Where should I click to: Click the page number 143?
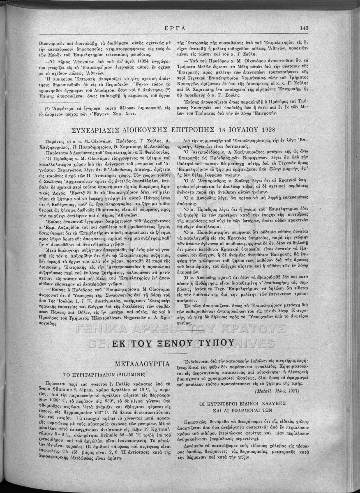[x=304, y=28]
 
